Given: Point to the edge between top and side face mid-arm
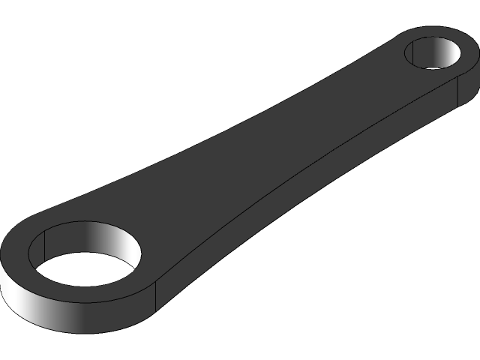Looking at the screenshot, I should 300,168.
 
